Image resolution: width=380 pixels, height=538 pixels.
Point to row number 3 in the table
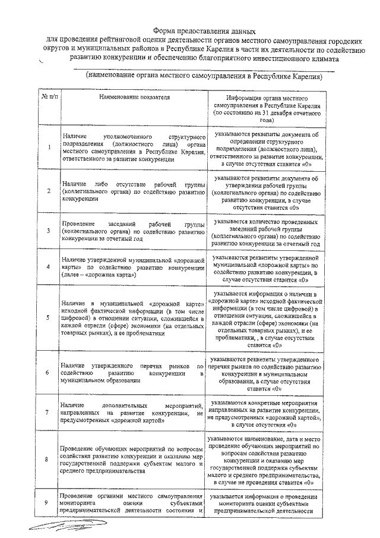click(48, 231)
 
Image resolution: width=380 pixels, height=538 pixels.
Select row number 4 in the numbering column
click(48, 267)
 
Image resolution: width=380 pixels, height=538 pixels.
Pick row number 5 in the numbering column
click(48, 317)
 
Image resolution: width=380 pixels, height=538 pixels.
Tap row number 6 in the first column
click(48, 372)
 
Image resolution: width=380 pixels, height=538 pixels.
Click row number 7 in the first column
click(48, 412)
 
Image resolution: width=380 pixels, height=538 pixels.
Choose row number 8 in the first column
click(48, 460)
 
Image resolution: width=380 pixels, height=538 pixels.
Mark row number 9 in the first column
click(48, 503)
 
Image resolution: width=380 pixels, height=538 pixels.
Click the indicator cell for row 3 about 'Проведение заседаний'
click(132, 231)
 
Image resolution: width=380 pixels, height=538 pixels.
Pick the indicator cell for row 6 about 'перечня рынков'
click(132, 372)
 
